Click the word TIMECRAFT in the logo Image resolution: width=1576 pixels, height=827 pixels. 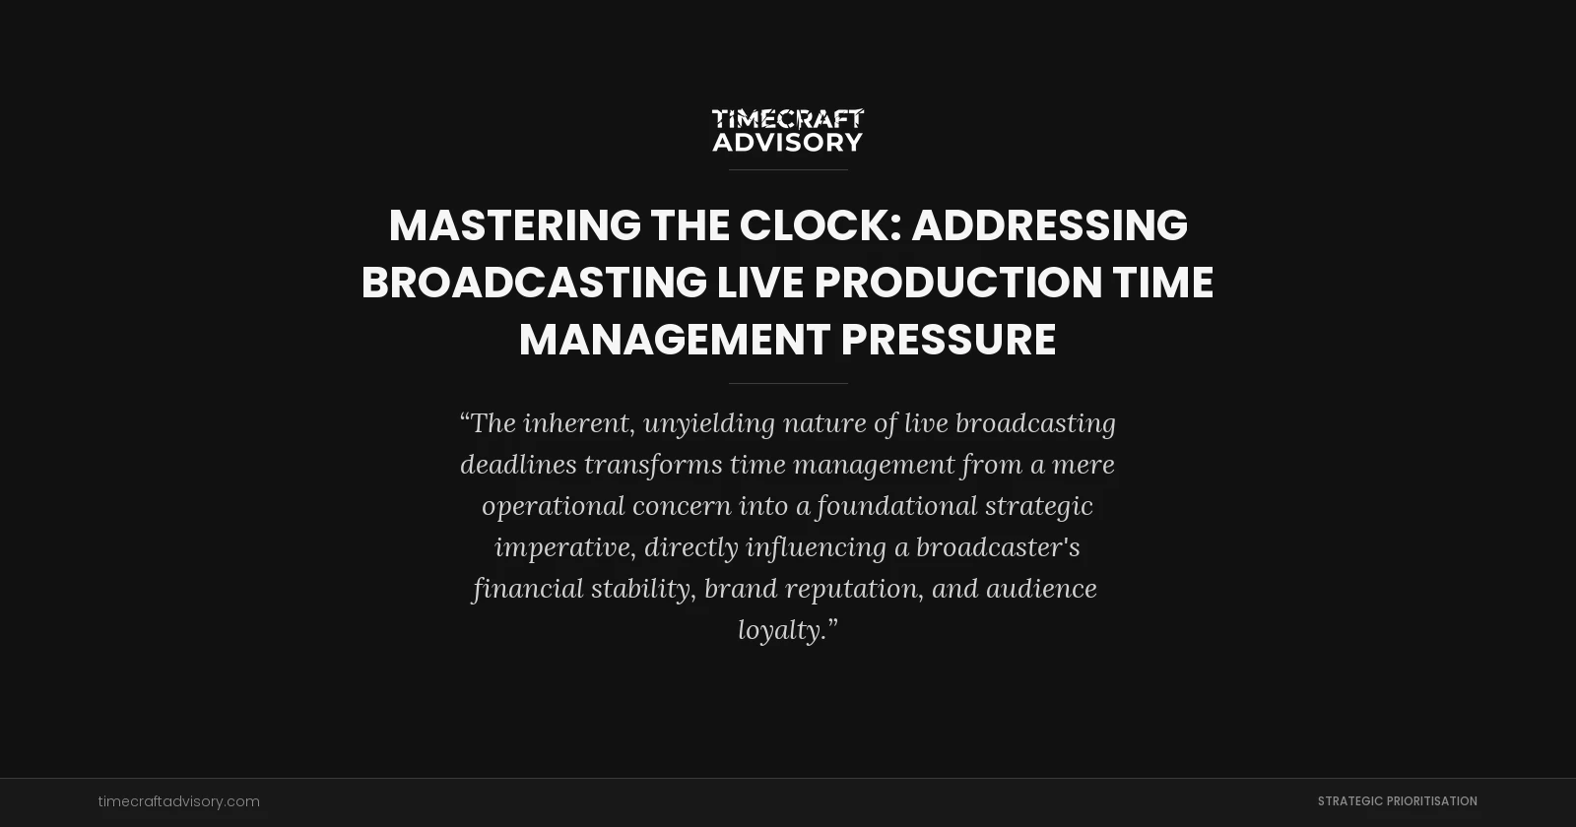click(x=787, y=119)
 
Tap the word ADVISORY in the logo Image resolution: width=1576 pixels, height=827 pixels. click(x=787, y=143)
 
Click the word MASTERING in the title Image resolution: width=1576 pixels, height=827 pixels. click(x=514, y=225)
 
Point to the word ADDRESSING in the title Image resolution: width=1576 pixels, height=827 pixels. click(x=1049, y=225)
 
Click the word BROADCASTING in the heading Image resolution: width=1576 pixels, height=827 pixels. click(x=534, y=283)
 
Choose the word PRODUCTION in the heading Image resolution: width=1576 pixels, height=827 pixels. click(x=958, y=283)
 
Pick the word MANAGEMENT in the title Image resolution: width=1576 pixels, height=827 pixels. click(x=675, y=340)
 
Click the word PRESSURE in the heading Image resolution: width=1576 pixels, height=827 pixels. click(x=949, y=340)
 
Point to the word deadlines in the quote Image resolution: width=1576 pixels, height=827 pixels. click(x=518, y=465)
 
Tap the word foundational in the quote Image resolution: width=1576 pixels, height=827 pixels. click(x=896, y=506)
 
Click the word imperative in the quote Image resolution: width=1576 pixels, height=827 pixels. click(x=561, y=547)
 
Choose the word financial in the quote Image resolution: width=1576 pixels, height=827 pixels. click(x=528, y=589)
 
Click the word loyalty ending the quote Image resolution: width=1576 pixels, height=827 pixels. click(x=782, y=630)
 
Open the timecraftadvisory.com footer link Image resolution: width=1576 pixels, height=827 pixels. click(x=179, y=801)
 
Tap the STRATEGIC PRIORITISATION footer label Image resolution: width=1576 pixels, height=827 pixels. click(x=1397, y=801)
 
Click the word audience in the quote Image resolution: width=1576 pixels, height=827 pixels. click(x=1041, y=589)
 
